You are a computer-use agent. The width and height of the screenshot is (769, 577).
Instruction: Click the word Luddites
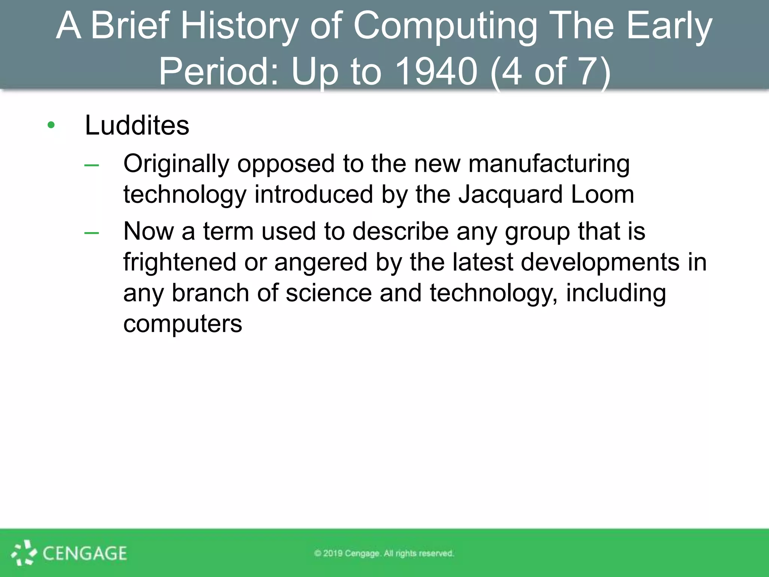coord(137,125)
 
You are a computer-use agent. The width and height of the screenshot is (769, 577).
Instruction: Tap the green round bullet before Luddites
coord(51,125)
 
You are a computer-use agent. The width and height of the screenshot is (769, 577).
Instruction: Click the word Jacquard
coord(510,195)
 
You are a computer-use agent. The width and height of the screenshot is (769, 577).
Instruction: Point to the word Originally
coord(176,164)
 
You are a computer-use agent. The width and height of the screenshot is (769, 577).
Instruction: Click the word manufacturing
coord(549,164)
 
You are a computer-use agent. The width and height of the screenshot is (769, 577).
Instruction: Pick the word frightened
coord(179,262)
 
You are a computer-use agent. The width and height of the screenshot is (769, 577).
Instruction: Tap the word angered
coord(321,262)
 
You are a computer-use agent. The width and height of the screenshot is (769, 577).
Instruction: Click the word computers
coord(182,323)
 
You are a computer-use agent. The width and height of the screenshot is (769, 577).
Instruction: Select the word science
coord(329,293)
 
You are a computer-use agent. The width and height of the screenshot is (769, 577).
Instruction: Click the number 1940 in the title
coord(436,71)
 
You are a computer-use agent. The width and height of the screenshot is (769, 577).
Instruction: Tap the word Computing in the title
coord(445,26)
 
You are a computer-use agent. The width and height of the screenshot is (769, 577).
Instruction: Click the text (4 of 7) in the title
coord(550,71)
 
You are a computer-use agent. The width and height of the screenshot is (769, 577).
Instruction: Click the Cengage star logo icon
coord(24,553)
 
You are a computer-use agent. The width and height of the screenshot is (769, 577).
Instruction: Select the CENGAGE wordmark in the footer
coord(85,553)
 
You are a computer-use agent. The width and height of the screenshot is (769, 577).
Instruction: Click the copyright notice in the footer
coord(384,553)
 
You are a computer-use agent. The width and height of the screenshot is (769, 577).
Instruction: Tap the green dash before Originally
coord(92,165)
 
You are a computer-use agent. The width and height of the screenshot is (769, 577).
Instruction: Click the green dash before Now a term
coord(92,233)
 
